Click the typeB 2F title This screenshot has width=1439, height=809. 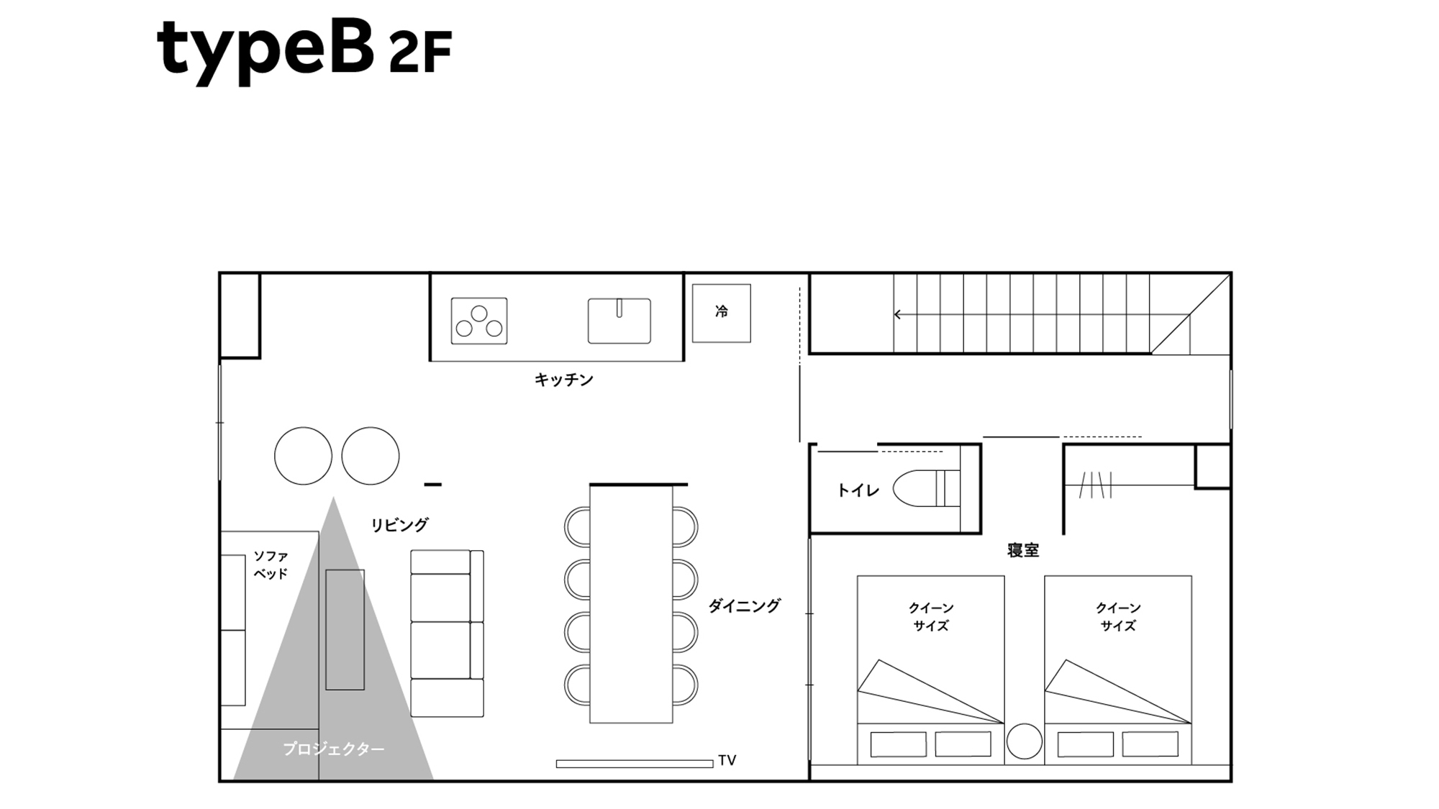tap(304, 50)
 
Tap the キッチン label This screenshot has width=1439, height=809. tap(563, 380)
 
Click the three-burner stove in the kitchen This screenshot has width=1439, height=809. tap(479, 321)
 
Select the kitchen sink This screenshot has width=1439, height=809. tap(619, 321)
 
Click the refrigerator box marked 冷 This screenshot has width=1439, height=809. tap(722, 313)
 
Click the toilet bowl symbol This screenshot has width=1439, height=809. tap(927, 488)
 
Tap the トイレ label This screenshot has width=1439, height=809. tap(858, 490)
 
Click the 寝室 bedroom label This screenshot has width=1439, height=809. tap(1022, 550)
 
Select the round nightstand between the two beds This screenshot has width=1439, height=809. tap(1024, 741)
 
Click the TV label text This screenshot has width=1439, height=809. tap(727, 760)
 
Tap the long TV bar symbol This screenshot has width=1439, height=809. tap(635, 764)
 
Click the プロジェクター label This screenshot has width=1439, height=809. tap(333, 749)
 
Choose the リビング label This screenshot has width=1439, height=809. tap(399, 525)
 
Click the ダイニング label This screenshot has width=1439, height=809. tap(744, 605)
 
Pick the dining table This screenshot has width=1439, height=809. tap(631, 604)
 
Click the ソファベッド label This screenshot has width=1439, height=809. tap(271, 565)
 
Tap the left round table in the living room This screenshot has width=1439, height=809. tap(303, 456)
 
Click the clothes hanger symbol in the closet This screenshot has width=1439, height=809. tap(1096, 485)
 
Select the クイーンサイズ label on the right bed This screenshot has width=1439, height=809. tap(1118, 617)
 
